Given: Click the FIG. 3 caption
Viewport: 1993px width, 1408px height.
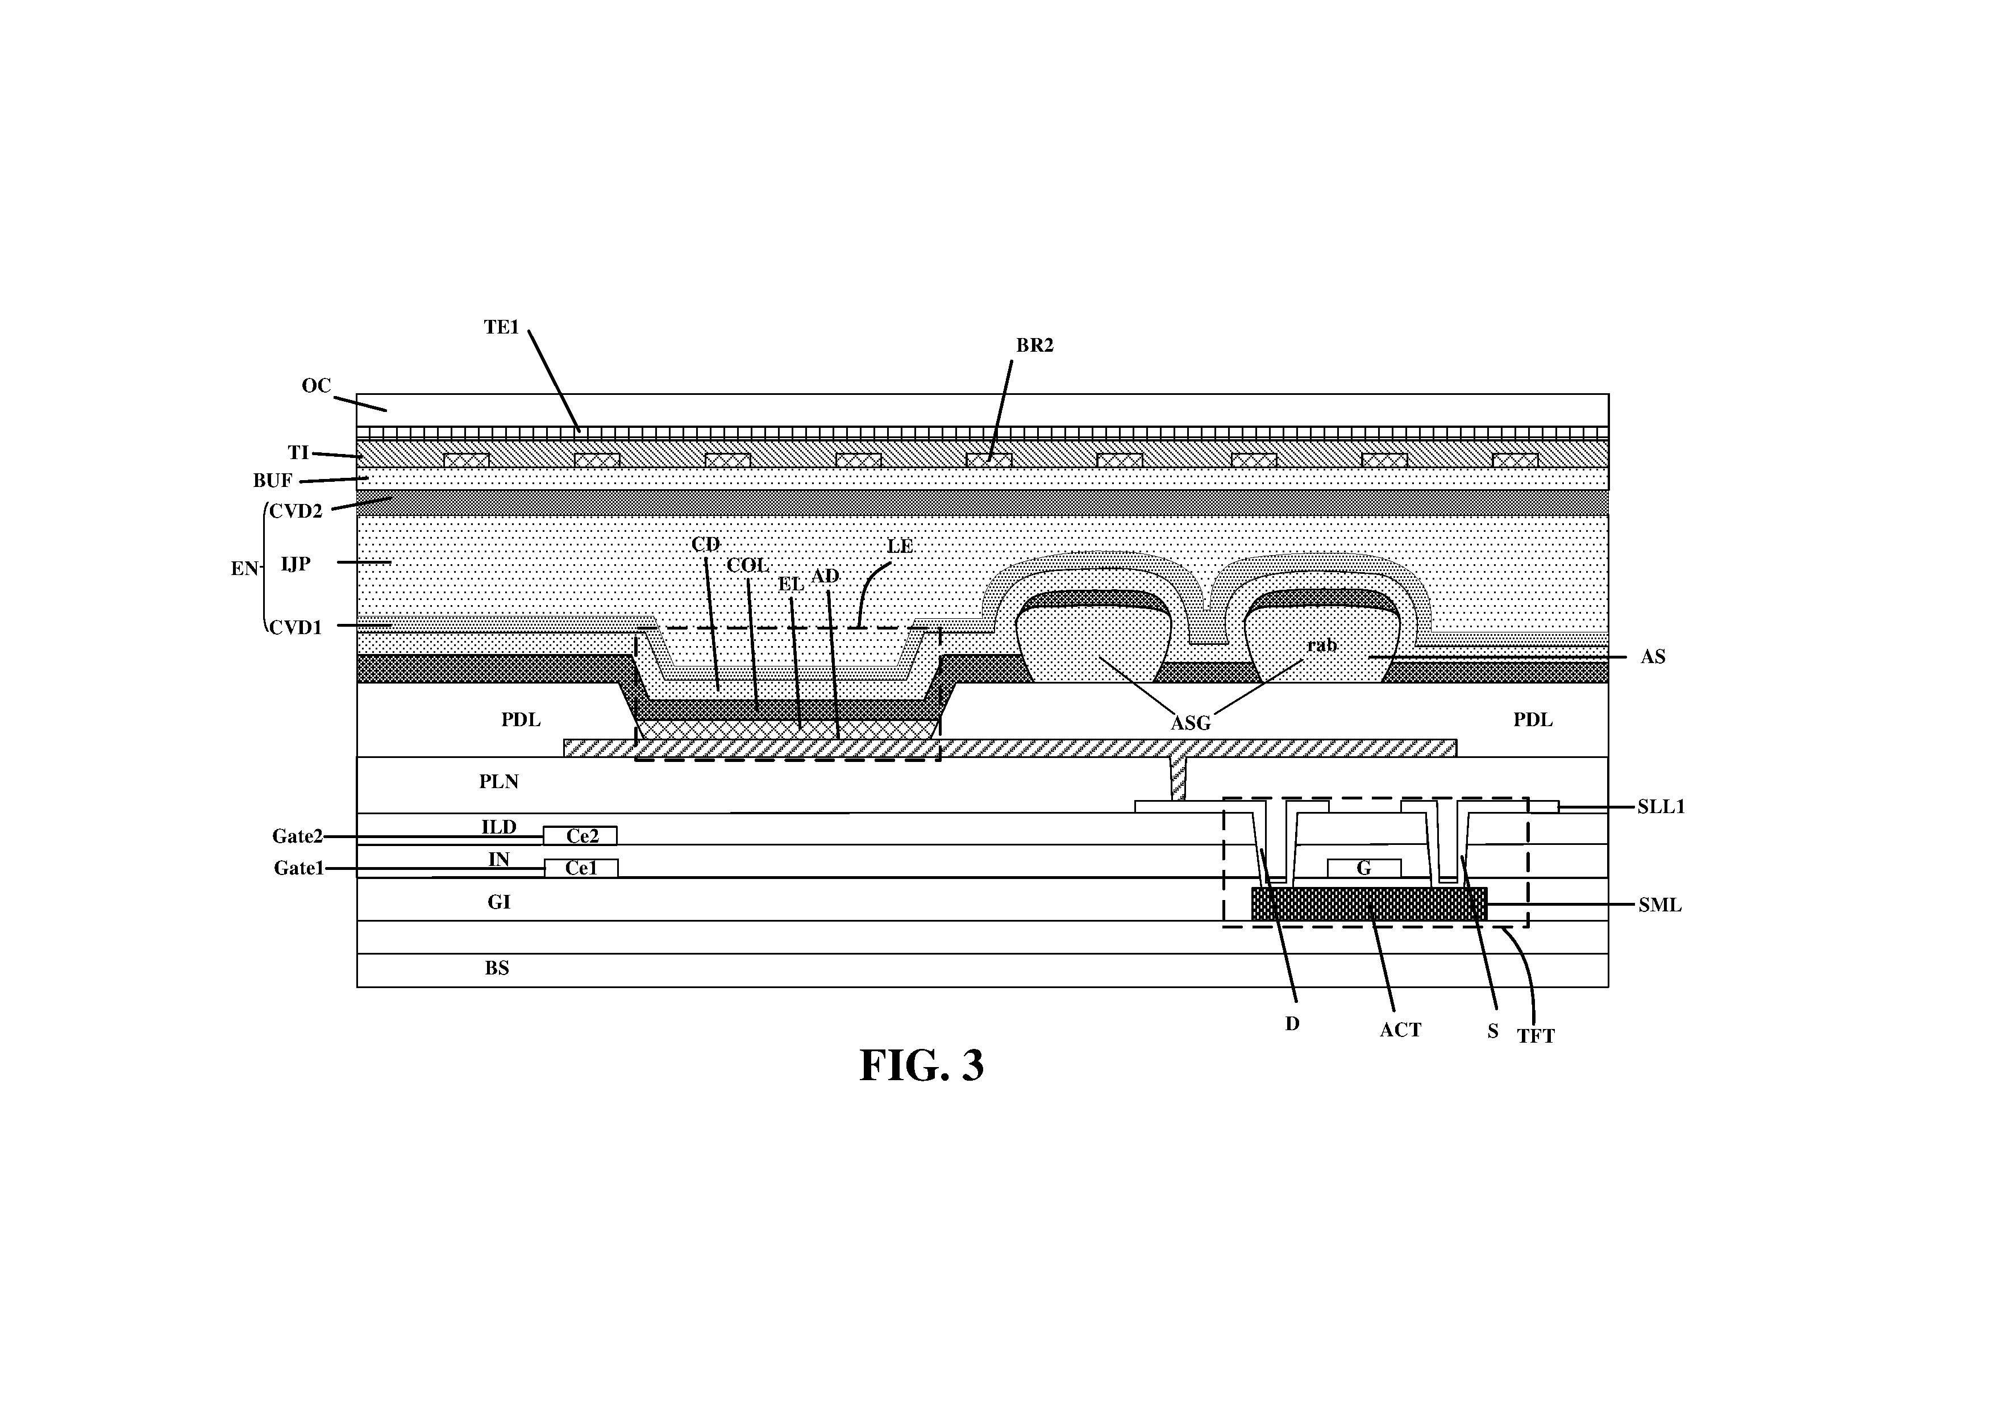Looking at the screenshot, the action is pos(921,1066).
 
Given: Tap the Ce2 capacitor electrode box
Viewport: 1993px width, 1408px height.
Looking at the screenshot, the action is pos(581,836).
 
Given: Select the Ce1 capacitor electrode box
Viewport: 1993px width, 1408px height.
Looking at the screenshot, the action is pos(581,868).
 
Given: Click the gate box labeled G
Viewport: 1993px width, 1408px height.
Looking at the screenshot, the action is pos(1364,868).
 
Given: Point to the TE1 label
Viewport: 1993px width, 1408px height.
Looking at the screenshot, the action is pos(502,327).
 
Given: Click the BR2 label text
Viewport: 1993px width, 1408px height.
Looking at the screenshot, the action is pos(1035,345).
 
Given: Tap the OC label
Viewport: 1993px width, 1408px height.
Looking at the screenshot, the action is pos(317,385).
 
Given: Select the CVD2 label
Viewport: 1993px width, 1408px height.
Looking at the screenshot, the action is pos(296,511).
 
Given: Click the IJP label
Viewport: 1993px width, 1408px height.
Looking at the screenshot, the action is pos(296,564).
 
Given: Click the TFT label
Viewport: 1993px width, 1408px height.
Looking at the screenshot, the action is pos(1536,1036).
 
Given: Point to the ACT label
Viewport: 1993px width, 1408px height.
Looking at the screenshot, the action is pos(1401,1030).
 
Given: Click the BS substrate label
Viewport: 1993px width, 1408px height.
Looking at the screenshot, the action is pos(497,968).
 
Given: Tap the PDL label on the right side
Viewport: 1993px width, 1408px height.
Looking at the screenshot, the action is pos(1533,719).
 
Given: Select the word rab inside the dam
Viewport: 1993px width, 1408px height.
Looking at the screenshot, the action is pos(1322,645).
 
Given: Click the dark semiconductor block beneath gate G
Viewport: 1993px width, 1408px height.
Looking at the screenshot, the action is pos(1369,903).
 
